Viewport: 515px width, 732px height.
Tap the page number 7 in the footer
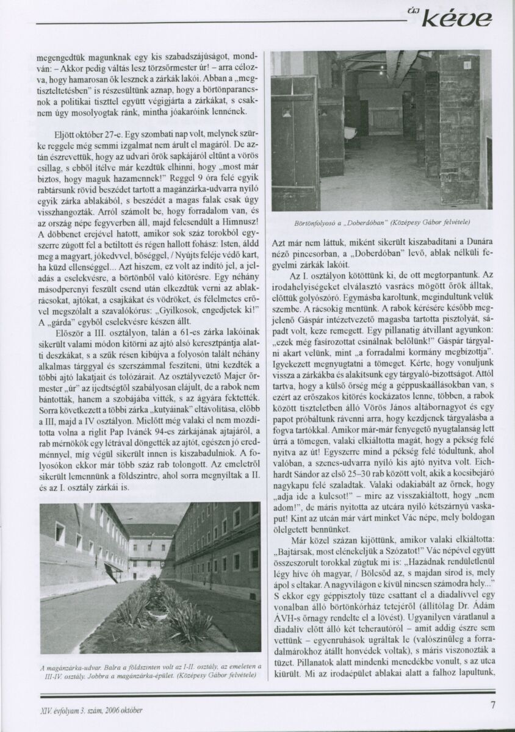pos(492,706)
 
